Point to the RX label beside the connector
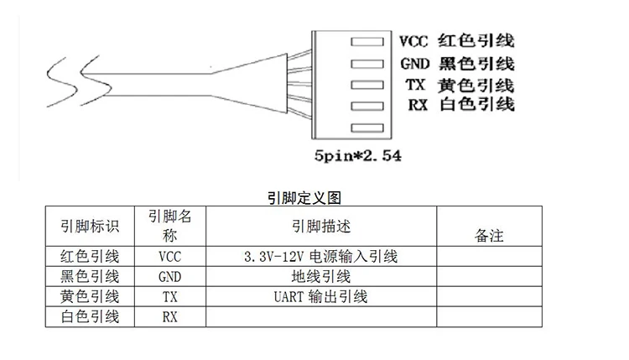[x=417, y=105]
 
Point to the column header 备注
[x=489, y=236]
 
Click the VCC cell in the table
[x=169, y=256]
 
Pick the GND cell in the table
[x=169, y=276]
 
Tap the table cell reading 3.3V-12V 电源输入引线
[x=320, y=256]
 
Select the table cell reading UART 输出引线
[x=320, y=296]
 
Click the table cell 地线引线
[x=320, y=276]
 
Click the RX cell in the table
[x=169, y=316]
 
